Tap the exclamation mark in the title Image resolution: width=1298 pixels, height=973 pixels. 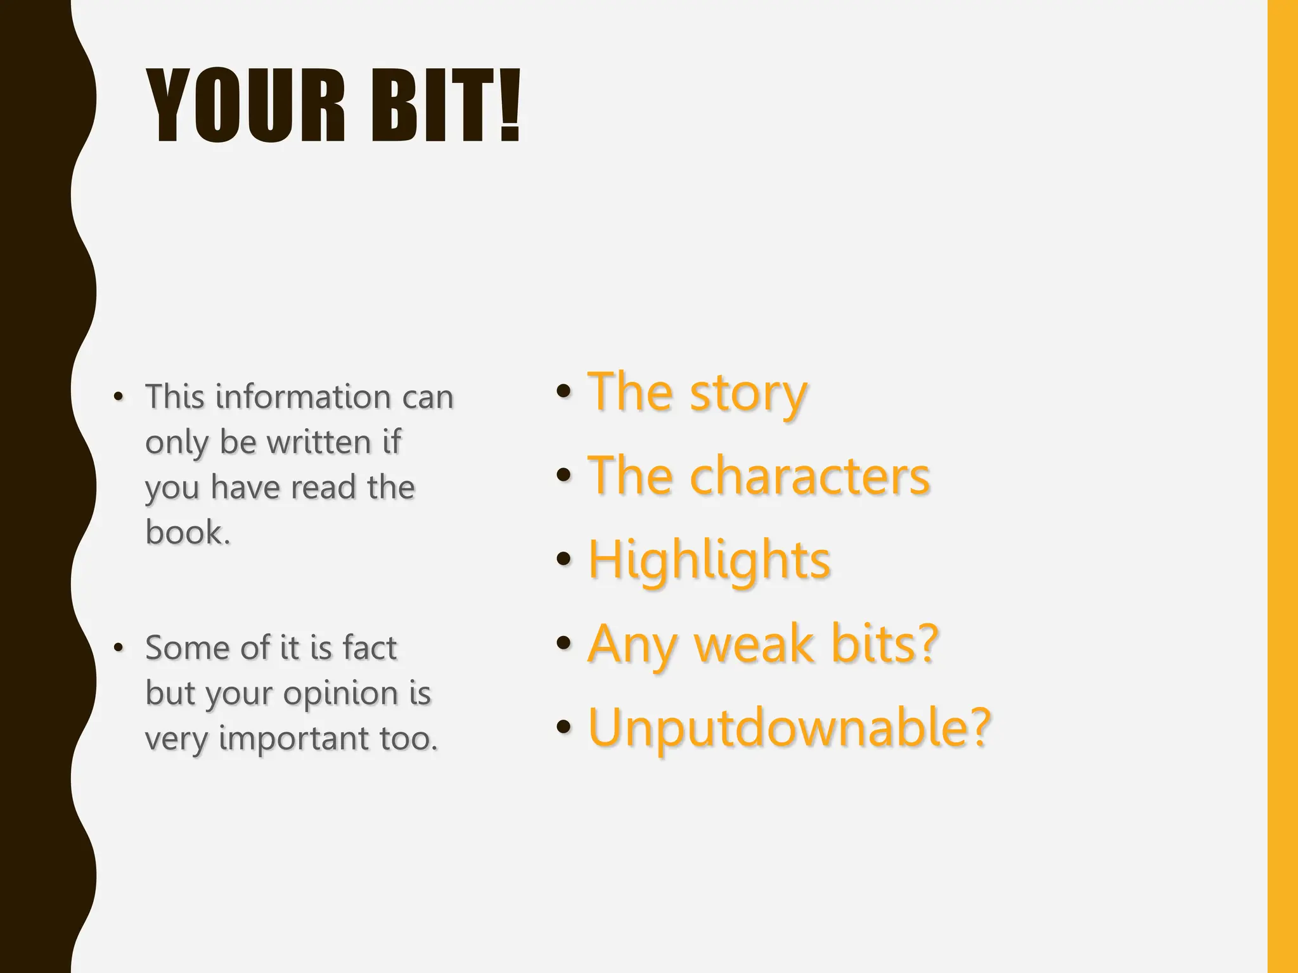click(x=508, y=106)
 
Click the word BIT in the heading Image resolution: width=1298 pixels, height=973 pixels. click(x=431, y=106)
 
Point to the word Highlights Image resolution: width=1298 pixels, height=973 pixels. click(x=709, y=560)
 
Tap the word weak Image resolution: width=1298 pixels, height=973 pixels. click(x=754, y=644)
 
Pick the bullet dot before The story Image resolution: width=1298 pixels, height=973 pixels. click(x=563, y=391)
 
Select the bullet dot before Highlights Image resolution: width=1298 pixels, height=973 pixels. click(x=563, y=559)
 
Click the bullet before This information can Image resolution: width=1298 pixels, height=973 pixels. click(x=118, y=397)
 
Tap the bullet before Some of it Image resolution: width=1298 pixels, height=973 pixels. click(x=118, y=648)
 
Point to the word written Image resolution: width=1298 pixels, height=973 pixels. click(x=319, y=442)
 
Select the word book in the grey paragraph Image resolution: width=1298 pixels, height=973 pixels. click(x=184, y=532)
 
